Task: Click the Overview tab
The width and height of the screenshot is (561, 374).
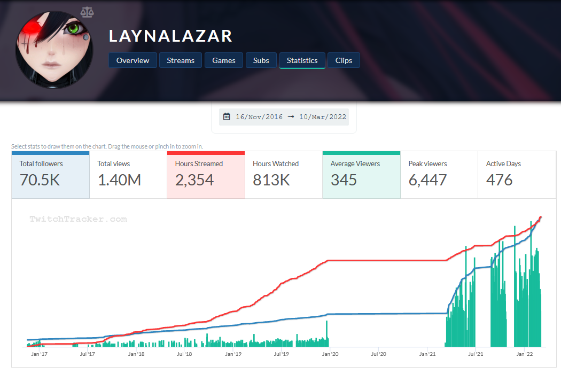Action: (133, 60)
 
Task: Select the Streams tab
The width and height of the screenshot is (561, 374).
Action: (181, 60)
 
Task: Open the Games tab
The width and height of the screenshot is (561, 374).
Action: (224, 60)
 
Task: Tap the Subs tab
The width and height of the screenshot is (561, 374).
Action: (261, 60)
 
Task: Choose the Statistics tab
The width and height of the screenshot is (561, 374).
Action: (302, 60)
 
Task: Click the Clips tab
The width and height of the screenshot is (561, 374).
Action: (344, 60)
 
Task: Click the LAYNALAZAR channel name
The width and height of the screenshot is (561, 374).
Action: (170, 36)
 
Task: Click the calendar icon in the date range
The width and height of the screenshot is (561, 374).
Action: (227, 116)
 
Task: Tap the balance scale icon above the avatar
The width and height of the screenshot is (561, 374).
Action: (87, 12)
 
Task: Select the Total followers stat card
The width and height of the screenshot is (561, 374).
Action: (50, 175)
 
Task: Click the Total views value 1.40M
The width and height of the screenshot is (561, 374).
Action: (119, 181)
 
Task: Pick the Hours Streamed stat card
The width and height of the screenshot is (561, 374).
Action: (206, 175)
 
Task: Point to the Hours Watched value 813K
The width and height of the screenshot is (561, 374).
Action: (271, 181)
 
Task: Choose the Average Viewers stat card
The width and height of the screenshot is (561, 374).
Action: (361, 175)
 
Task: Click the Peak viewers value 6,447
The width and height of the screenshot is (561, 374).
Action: (427, 181)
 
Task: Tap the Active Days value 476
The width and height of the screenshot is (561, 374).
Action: (499, 181)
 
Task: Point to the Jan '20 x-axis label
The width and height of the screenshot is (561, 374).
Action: (330, 354)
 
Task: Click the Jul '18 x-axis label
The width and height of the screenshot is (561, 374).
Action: (184, 354)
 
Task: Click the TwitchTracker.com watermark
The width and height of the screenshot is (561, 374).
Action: (78, 219)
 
